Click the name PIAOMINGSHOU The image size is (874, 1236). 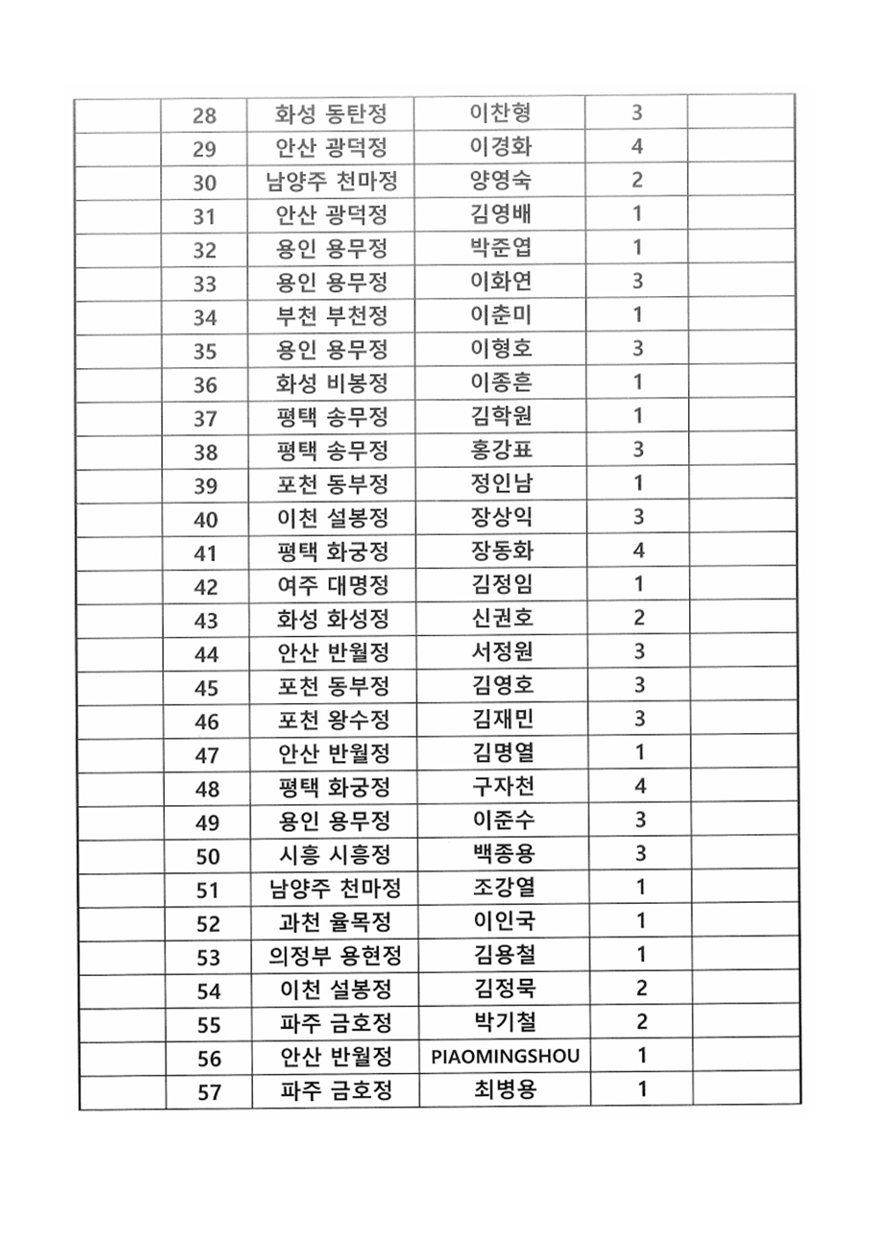tap(505, 1056)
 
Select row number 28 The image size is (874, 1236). tap(204, 115)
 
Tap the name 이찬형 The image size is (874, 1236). tap(500, 113)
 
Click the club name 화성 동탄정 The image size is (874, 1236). tap(330, 115)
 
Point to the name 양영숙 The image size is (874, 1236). tap(500, 181)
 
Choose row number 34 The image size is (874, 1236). tap(205, 317)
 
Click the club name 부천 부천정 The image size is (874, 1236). tap(332, 316)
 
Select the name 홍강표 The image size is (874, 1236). tap(501, 449)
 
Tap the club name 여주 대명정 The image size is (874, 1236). tap(333, 586)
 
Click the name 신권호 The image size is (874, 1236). tap(502, 618)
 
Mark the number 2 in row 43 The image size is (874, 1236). tap(639, 618)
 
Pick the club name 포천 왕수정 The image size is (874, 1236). tap(334, 720)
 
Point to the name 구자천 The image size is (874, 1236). tap(503, 786)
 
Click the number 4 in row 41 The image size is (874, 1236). tap(639, 551)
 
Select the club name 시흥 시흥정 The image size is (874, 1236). tap(335, 855)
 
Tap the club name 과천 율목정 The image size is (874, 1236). tap(335, 922)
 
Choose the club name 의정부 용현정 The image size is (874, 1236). tap(336, 956)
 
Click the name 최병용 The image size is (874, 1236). tap(505, 1090)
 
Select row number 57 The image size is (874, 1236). tap(209, 1092)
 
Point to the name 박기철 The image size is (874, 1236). tap(505, 1022)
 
